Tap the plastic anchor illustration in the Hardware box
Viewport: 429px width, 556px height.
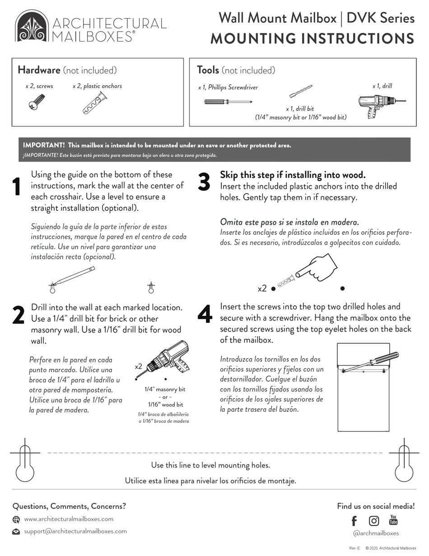(x=94, y=103)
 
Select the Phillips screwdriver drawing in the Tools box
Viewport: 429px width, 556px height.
(x=228, y=102)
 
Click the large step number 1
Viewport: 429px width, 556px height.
(x=17, y=187)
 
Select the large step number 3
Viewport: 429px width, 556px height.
(x=204, y=182)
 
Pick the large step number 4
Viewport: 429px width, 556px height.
(x=205, y=315)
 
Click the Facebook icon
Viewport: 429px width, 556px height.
(x=354, y=521)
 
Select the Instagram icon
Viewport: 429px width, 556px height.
(x=374, y=521)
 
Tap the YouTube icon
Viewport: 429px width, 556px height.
(x=393, y=520)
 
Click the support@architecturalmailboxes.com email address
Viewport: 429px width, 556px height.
(x=75, y=532)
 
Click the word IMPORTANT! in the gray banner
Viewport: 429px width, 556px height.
(x=44, y=145)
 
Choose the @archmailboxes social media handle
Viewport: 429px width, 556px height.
(x=376, y=533)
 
